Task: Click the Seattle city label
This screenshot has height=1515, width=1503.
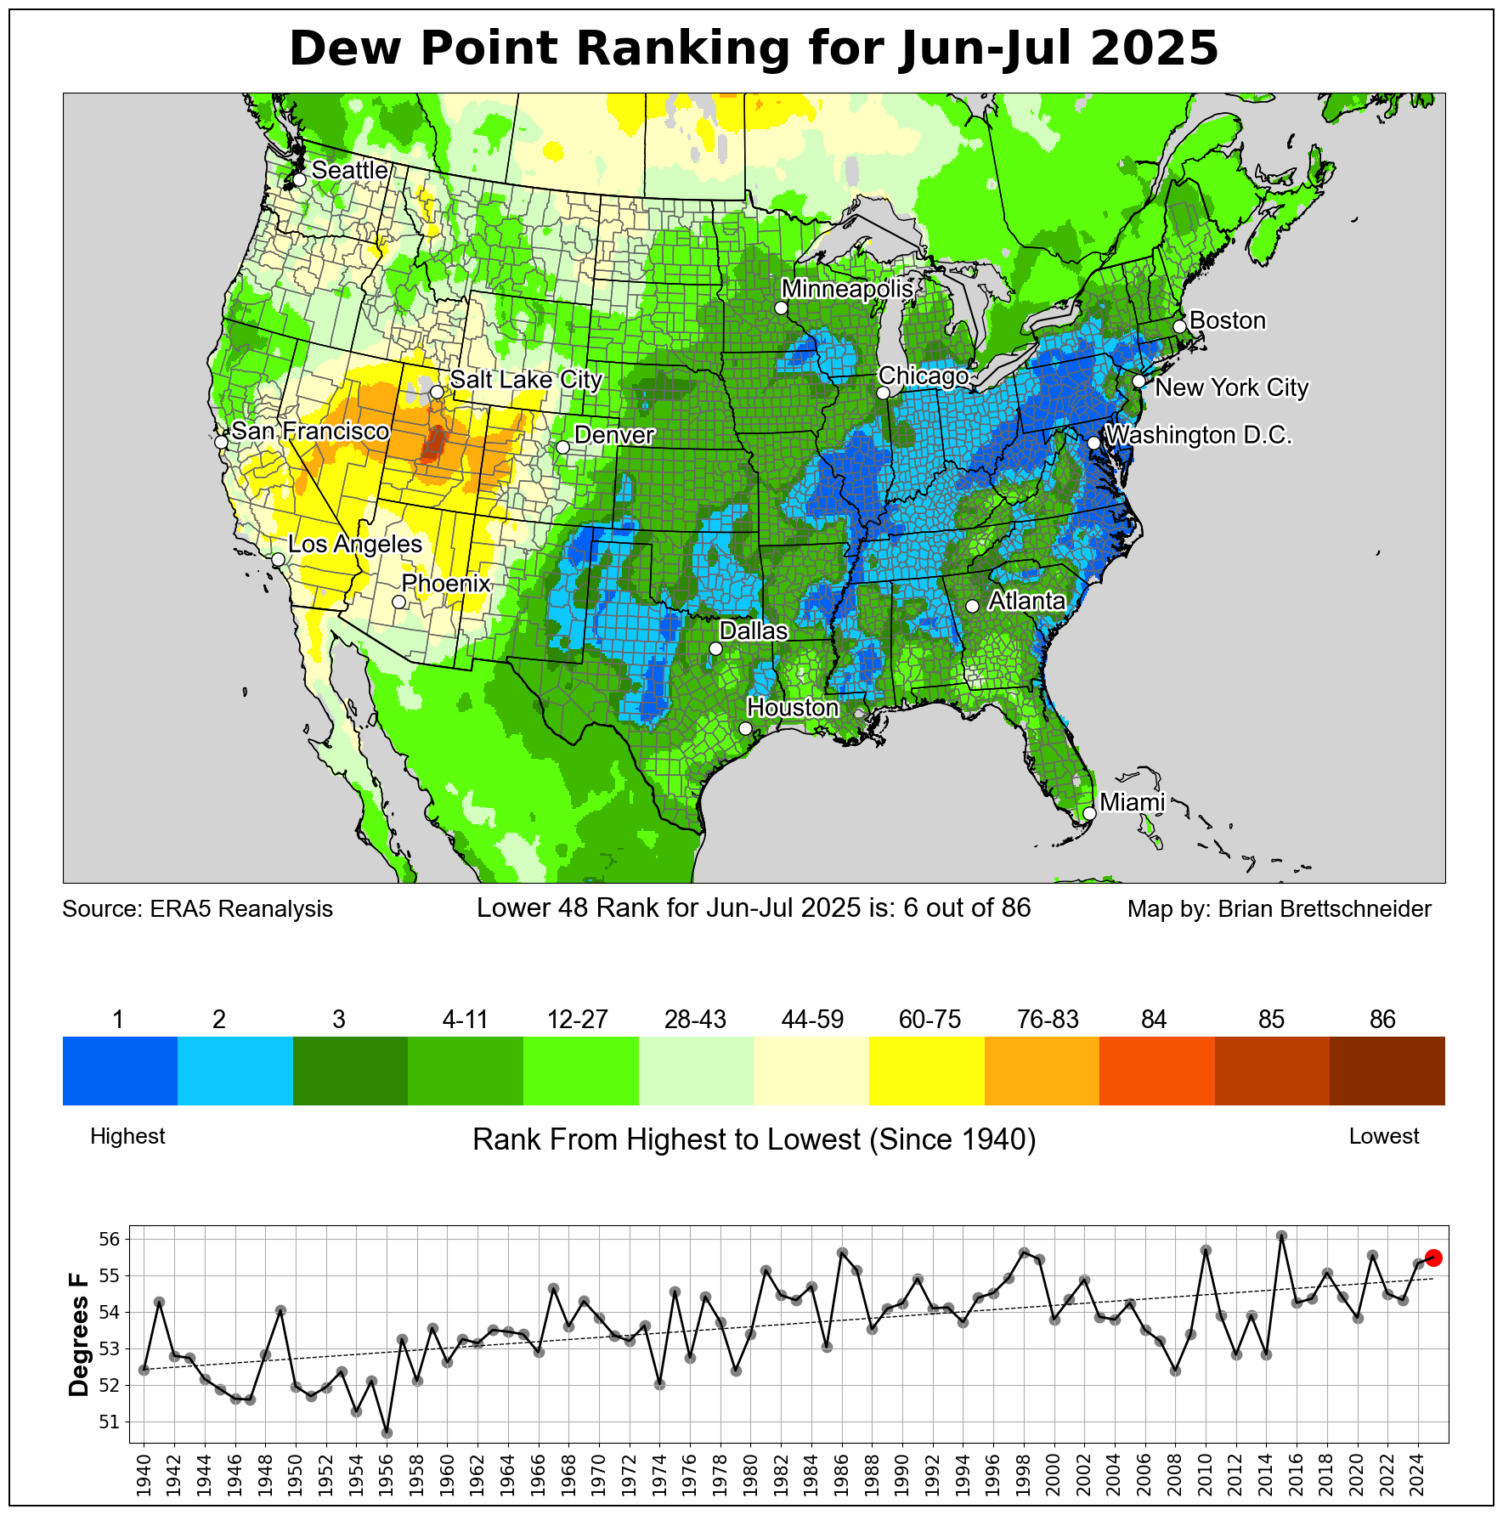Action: (349, 170)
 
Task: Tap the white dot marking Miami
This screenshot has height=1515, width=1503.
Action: (1089, 813)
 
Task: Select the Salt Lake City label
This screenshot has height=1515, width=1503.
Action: (526, 380)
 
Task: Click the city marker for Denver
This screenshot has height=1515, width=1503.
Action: (562, 448)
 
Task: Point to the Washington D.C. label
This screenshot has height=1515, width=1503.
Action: (1199, 435)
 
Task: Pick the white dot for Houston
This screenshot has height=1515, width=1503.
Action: (745, 728)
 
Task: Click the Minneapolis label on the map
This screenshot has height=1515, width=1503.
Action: (848, 289)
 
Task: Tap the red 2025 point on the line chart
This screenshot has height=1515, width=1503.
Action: (1433, 1258)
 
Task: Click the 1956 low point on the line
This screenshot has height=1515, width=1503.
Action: (387, 1433)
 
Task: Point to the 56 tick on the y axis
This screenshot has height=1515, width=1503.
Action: (111, 1240)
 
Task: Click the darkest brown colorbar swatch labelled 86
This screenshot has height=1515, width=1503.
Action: (1387, 1071)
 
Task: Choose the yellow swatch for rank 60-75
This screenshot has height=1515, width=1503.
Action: (926, 1071)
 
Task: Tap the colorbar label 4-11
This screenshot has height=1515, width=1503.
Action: (466, 1020)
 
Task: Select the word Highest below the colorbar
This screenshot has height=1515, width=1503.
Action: (128, 1136)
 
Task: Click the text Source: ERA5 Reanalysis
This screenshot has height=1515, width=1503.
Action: (198, 909)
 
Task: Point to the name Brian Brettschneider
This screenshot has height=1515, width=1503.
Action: (1325, 909)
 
